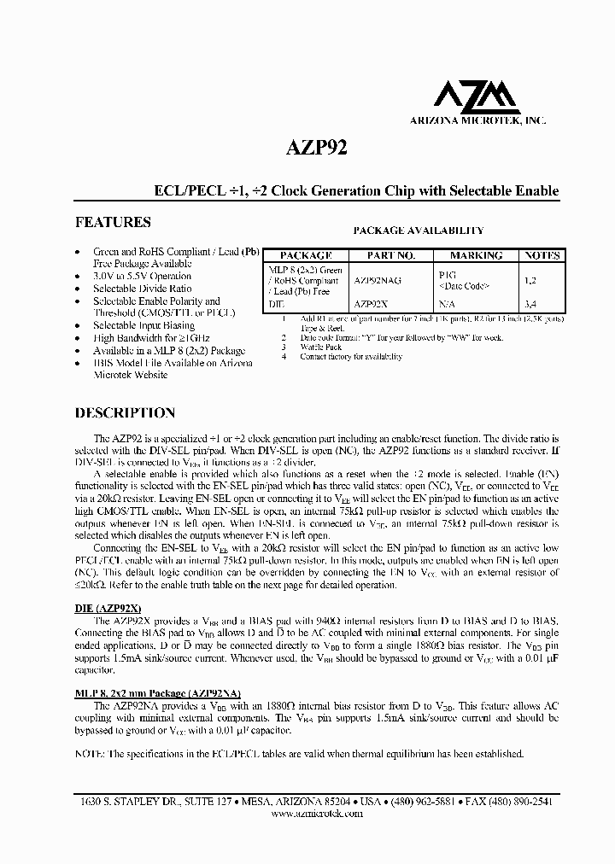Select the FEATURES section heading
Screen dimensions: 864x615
point(113,222)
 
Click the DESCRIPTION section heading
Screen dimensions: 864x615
point(125,412)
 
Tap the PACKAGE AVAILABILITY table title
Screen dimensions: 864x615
point(419,231)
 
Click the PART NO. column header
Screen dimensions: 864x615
point(390,255)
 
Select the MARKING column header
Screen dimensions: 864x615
point(476,255)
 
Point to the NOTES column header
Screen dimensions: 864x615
point(542,255)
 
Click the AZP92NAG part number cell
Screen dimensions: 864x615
point(378,279)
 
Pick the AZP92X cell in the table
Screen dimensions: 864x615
point(372,303)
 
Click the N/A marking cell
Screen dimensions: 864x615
point(446,303)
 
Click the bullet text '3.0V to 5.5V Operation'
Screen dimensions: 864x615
point(142,277)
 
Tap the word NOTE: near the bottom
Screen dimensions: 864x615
point(90,754)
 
